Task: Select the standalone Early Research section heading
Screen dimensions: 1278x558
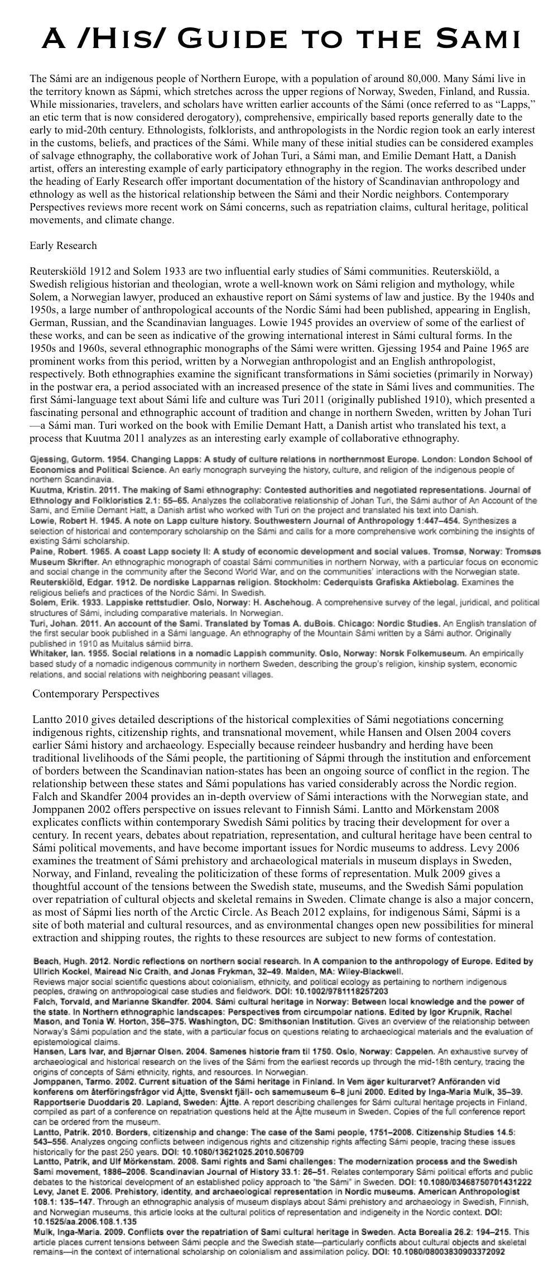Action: [63, 246]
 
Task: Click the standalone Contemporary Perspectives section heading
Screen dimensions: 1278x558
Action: [95, 694]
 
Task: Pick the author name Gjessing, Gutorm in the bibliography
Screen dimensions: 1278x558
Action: [65, 459]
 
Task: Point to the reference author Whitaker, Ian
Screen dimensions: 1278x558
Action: [56, 653]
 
